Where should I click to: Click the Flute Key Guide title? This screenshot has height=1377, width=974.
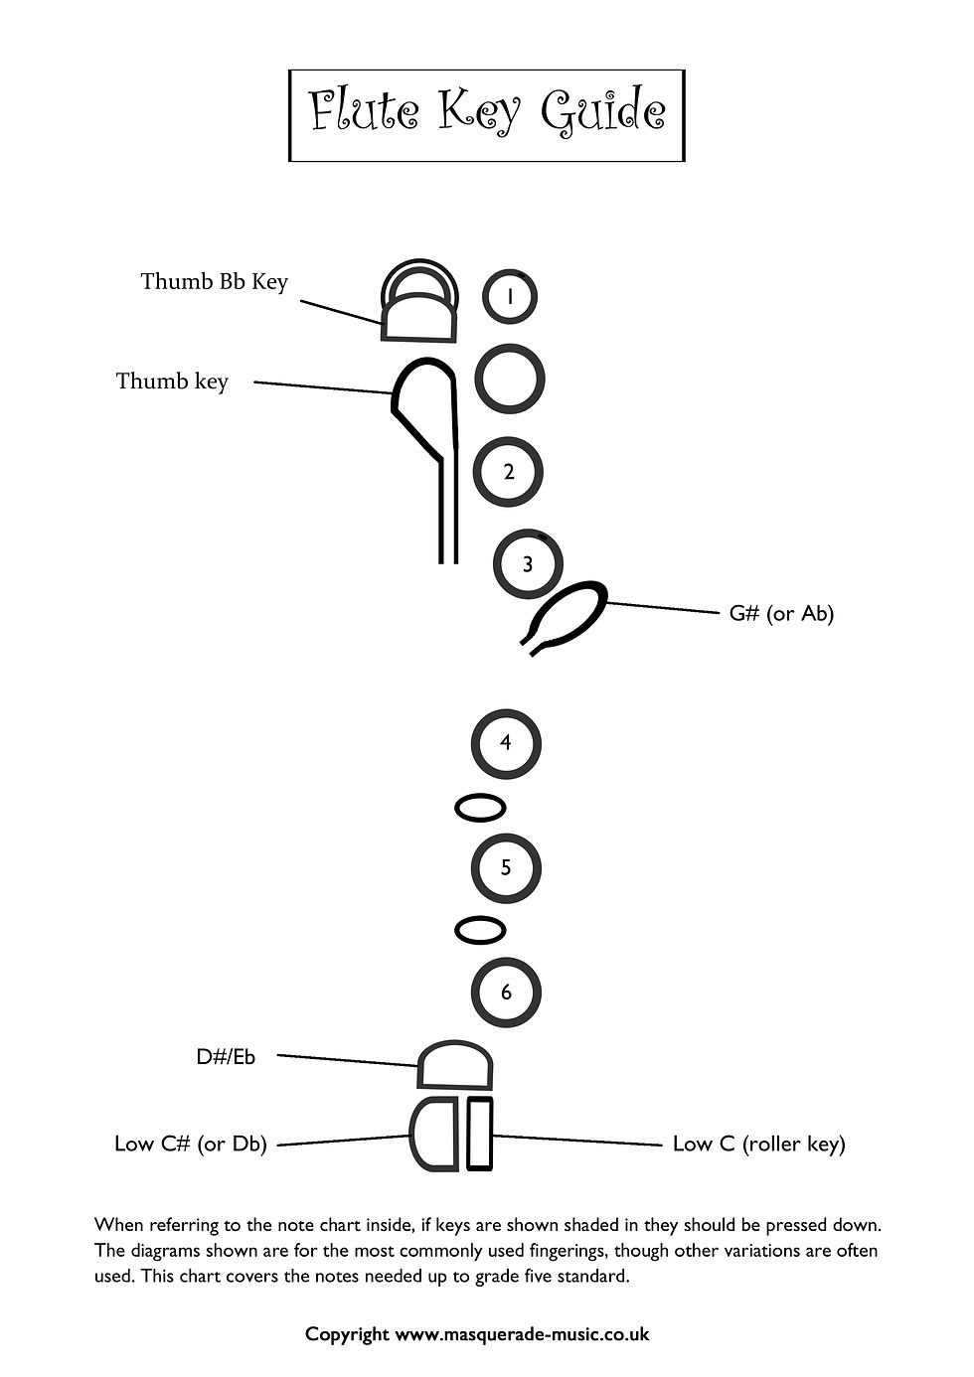[x=486, y=112]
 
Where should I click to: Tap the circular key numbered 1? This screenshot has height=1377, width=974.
[x=510, y=296]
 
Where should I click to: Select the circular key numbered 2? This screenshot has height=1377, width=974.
[x=508, y=471]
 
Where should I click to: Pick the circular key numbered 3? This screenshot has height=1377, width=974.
[x=528, y=564]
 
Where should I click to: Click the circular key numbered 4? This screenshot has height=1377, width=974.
[x=506, y=742]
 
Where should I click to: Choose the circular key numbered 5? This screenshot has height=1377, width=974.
[x=506, y=867]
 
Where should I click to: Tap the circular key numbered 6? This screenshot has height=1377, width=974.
[x=506, y=992]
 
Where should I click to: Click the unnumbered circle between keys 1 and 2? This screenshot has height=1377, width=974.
[x=509, y=379]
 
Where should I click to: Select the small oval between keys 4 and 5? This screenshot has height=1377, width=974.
[x=480, y=808]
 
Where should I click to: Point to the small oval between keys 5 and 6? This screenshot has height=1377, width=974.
[x=480, y=930]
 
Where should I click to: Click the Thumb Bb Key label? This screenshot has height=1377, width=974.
[x=214, y=281]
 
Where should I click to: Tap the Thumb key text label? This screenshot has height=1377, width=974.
[x=172, y=382]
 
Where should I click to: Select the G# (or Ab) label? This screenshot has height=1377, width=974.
[x=781, y=613]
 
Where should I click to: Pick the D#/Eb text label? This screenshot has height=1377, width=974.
[x=226, y=1057]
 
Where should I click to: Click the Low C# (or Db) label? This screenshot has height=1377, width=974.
[x=191, y=1144]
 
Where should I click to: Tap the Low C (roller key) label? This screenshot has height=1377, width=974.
[x=758, y=1144]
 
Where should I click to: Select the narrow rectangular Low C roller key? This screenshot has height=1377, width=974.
[x=480, y=1134]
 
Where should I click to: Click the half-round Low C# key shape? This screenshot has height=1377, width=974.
[x=435, y=1134]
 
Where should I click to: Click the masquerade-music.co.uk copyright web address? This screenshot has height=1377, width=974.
[x=522, y=1334]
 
